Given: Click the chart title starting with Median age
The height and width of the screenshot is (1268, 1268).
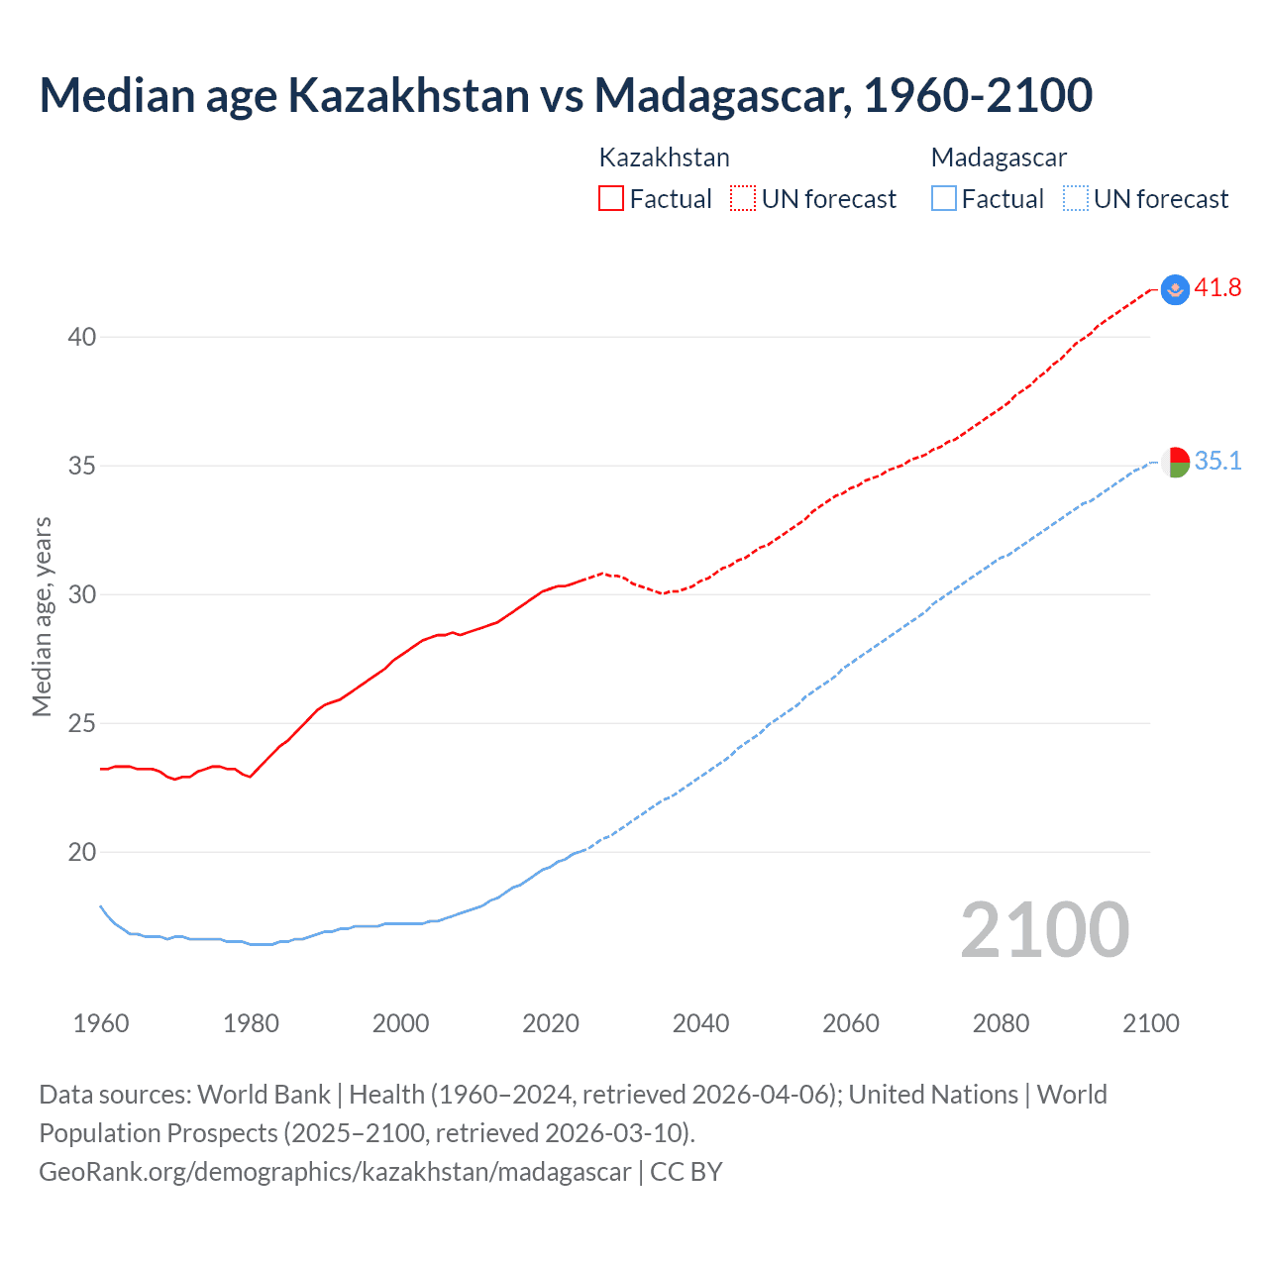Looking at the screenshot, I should click(566, 95).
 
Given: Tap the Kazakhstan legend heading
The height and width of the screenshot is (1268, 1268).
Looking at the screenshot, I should click(664, 158).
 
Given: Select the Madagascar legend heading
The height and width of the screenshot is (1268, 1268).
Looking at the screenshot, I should click(999, 158).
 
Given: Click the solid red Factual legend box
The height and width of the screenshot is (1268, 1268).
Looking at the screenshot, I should click(611, 199).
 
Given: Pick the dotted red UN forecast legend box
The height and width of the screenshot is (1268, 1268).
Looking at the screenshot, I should click(743, 199).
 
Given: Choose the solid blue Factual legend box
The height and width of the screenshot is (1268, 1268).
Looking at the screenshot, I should click(944, 199).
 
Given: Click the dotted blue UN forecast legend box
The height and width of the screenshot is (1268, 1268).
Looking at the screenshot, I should click(1076, 199).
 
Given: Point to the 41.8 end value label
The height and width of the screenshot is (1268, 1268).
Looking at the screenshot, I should click(1217, 288).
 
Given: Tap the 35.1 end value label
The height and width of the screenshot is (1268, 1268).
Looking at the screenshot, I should click(1217, 462).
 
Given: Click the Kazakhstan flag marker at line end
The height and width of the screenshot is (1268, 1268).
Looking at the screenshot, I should click(1175, 289).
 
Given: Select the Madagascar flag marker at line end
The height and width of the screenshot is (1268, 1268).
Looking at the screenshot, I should click(1175, 462).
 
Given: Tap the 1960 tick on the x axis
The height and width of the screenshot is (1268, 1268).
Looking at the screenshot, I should click(101, 1023).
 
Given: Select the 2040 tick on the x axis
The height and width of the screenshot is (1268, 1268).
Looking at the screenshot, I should click(700, 1023).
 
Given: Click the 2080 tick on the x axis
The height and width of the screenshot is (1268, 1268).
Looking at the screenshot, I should click(1001, 1023).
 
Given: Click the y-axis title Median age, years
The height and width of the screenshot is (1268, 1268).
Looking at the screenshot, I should click(42, 616).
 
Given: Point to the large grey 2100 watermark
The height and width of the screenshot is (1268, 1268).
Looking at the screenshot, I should click(1044, 930).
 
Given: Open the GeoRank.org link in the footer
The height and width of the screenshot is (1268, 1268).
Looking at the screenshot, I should click(335, 1172).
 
